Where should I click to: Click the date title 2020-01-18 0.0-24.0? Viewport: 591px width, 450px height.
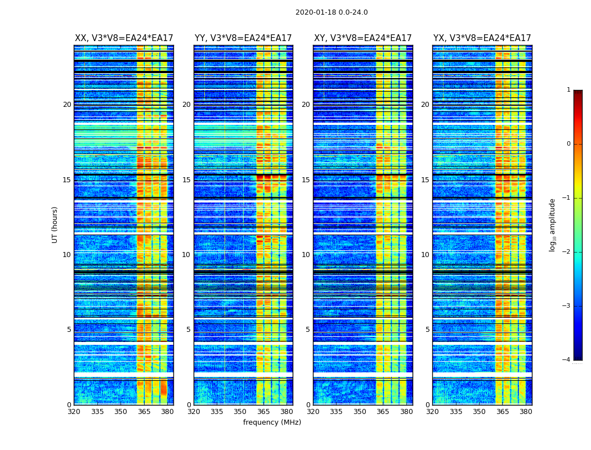[x=332, y=12]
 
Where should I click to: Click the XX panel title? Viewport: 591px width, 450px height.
[x=124, y=38]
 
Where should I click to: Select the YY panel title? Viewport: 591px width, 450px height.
[x=243, y=38]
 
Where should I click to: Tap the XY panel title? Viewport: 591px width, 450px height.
[x=363, y=38]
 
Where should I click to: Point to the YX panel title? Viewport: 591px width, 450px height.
[x=482, y=38]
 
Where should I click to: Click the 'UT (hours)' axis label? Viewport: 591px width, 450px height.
[x=55, y=224]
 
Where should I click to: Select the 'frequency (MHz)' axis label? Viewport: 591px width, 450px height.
[x=272, y=422]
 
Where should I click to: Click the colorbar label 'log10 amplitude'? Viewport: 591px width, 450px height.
[x=553, y=224]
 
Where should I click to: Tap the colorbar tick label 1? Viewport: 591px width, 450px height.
[x=568, y=90]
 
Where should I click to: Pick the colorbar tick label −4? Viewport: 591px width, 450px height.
[x=567, y=360]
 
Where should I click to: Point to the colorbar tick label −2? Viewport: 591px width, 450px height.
[x=567, y=252]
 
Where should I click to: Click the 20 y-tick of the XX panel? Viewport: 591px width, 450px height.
[x=67, y=105]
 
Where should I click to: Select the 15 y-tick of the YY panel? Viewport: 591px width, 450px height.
[x=186, y=180]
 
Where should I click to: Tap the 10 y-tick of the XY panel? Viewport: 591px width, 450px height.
[x=306, y=255]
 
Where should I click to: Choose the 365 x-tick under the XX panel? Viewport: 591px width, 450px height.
[x=144, y=412]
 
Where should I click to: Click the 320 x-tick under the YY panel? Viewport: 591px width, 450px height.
[x=194, y=412]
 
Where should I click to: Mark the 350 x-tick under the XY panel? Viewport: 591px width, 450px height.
[x=360, y=412]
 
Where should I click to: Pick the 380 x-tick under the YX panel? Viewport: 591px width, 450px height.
[x=526, y=412]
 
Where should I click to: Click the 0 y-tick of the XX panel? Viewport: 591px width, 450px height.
[x=69, y=405]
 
